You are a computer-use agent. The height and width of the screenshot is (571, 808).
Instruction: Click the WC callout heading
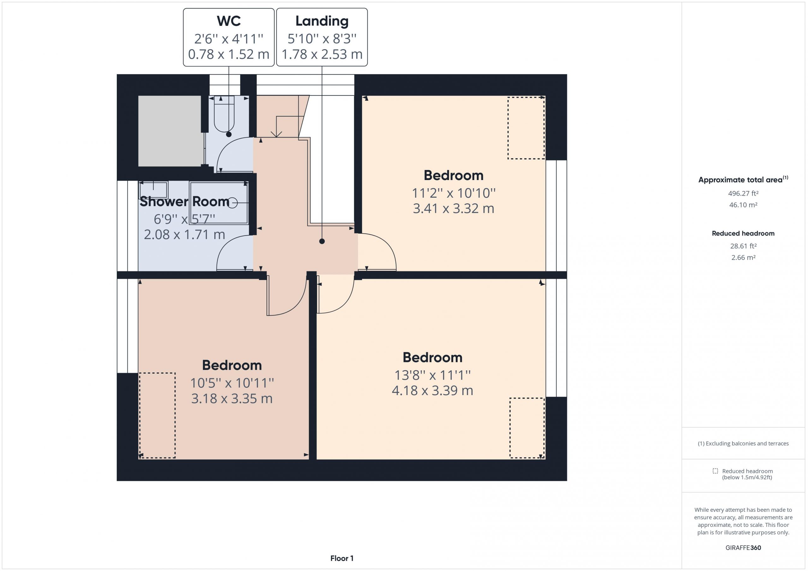pyautogui.click(x=229, y=21)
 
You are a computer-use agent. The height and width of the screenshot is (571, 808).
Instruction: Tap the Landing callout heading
pyautogui.click(x=322, y=21)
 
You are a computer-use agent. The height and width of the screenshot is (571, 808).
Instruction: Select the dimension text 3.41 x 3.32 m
pyautogui.click(x=453, y=208)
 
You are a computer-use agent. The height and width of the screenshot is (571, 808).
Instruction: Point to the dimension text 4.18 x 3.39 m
pyautogui.click(x=432, y=391)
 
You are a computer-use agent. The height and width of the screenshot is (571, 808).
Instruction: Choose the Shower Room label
pyautogui.click(x=184, y=201)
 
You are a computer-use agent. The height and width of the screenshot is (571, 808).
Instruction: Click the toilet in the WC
pyautogui.click(x=224, y=114)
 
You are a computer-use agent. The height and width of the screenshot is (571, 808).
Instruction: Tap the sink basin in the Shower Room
pyautogui.click(x=153, y=190)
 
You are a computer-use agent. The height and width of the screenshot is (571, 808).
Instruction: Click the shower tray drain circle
pyautogui.click(x=233, y=203)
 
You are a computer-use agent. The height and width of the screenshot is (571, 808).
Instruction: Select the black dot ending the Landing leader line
pyautogui.click(x=322, y=241)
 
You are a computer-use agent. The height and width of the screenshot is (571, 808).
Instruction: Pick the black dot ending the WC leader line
pyautogui.click(x=229, y=134)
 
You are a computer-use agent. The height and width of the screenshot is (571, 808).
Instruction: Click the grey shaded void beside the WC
pyautogui.click(x=169, y=131)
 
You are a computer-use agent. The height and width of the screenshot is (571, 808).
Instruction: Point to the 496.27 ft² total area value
pyautogui.click(x=743, y=193)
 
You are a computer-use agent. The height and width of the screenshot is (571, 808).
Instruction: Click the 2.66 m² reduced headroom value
pyautogui.click(x=743, y=257)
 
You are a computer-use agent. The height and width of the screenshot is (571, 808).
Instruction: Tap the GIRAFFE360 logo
pyautogui.click(x=743, y=547)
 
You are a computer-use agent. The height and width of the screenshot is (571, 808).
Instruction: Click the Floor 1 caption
pyautogui.click(x=342, y=558)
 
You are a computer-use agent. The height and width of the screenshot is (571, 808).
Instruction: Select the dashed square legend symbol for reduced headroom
pyautogui.click(x=715, y=471)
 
